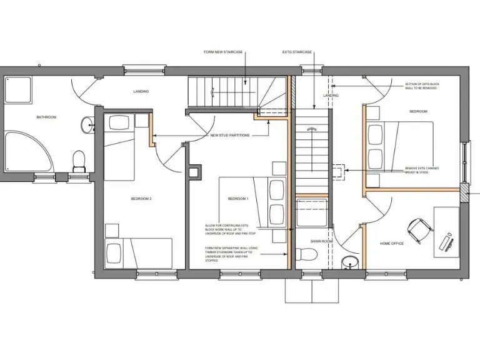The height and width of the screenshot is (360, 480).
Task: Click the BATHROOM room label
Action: click(46, 117)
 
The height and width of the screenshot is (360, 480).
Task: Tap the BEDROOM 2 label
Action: click(141, 199)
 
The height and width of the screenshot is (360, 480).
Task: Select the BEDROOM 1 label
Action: click(238, 199)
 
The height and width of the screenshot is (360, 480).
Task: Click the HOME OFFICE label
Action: click(392, 244)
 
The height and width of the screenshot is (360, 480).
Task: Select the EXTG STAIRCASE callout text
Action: click(297, 52)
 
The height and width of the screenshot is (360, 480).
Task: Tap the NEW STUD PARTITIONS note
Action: click(231, 135)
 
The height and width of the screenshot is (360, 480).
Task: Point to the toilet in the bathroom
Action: click(79, 161)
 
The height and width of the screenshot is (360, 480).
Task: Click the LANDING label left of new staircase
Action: click(141, 92)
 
